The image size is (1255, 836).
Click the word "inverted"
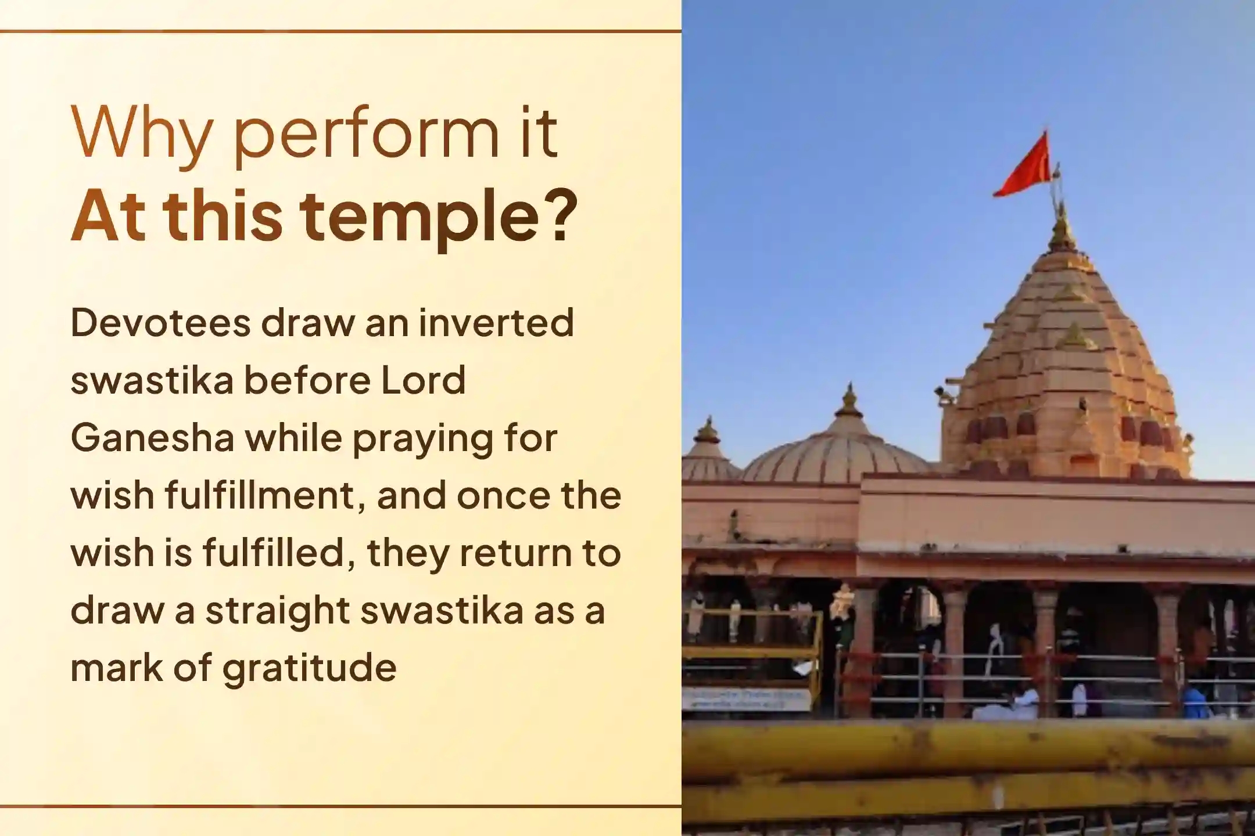496,323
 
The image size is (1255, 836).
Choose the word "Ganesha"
152,438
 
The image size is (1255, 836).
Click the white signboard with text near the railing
746,699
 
